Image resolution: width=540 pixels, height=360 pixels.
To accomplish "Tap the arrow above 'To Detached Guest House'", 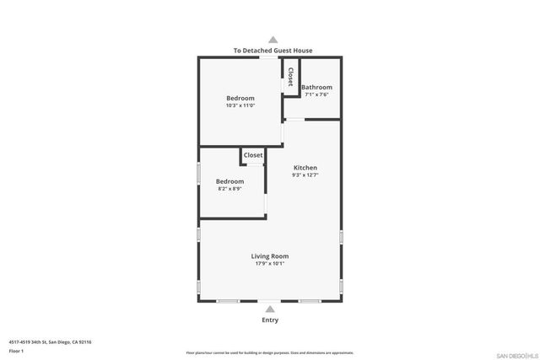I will tap(272, 39).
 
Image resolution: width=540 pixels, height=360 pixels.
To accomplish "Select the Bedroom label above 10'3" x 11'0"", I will tap(240, 99).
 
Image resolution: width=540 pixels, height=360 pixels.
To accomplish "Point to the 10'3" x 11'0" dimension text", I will tap(240, 106).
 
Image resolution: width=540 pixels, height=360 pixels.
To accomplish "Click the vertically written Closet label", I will tap(290, 78).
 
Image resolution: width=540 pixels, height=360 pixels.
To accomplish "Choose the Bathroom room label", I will tap(316, 88).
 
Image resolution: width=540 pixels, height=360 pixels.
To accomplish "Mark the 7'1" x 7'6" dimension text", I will tap(316, 94).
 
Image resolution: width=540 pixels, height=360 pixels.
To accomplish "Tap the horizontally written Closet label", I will tap(253, 155).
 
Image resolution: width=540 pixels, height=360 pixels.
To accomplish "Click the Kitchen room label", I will tap(305, 168).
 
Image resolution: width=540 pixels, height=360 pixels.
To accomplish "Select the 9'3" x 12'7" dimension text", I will tap(305, 175).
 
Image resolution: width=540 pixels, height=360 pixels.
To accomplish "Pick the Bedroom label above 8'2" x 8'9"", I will tap(229, 181).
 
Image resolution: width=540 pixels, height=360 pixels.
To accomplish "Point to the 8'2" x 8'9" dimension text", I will tap(229, 189).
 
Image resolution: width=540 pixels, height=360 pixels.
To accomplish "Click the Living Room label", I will tap(270, 256).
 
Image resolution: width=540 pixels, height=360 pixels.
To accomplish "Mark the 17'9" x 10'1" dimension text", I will tap(270, 264).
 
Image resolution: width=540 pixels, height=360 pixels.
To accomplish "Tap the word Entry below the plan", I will tap(270, 320).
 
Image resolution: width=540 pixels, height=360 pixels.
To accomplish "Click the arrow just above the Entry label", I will tap(270, 309).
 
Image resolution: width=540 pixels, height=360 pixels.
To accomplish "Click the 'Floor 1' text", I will tap(17, 350).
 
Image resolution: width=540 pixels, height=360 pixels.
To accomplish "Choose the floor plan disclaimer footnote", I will tap(270, 352).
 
